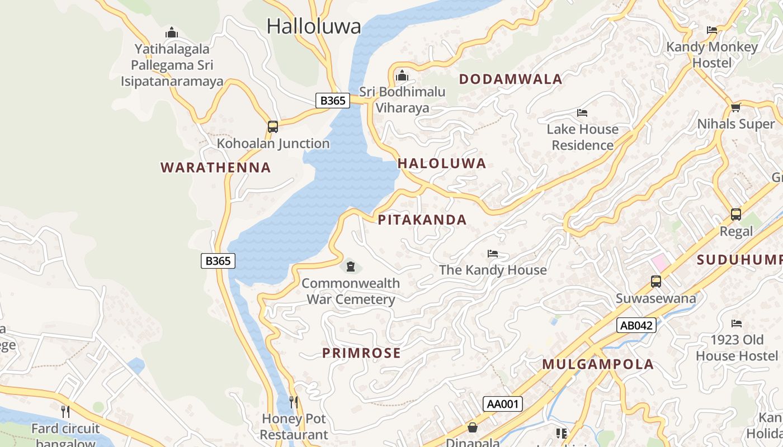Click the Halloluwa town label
pos(314,26)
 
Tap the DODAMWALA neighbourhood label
pos(511,79)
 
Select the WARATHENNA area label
pos(215,168)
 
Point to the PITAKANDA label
pos(422,220)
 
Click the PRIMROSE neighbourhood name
pos(361,353)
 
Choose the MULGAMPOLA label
pos(598,365)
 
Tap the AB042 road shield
pos(636,325)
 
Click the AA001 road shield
pos(503,404)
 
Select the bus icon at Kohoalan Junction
pos(273,127)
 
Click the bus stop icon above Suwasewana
pos(656,282)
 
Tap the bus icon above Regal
pos(736,215)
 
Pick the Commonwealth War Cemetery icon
pos(351,267)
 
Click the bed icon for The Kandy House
pos(493,254)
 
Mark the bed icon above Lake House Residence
pos(582,113)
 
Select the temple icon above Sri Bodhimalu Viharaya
pos(402,75)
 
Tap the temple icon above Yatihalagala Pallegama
pos(172,33)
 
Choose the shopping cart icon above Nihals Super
pos(736,108)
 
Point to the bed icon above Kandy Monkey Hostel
pos(712,30)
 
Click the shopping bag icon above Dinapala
pos(473,427)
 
